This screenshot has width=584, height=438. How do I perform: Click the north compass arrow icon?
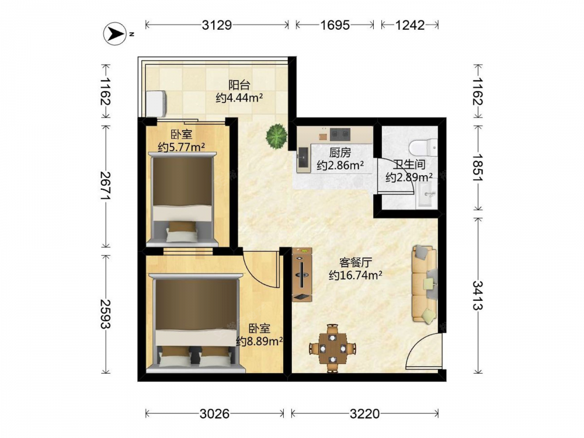[115, 34]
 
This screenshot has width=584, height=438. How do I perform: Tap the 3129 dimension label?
[217, 25]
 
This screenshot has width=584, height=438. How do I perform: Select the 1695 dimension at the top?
[335, 25]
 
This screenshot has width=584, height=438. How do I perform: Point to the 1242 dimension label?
[410, 25]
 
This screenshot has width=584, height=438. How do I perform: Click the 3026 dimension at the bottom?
[214, 413]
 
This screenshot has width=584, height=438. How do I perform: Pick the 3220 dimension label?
[364, 413]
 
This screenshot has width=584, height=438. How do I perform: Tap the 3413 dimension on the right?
[478, 295]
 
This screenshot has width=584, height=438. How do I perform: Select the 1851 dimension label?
[478, 167]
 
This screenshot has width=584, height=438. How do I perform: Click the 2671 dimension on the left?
[105, 185]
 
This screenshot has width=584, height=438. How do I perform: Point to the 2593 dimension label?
[105, 314]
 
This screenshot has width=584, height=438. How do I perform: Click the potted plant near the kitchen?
[277, 135]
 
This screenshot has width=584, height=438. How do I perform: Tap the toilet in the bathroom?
[423, 147]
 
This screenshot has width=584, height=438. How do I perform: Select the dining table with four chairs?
[333, 349]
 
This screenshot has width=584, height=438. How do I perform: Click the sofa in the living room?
[424, 284]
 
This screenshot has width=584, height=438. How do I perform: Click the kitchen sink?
[303, 158]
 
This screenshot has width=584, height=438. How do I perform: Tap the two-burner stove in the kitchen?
[340, 134]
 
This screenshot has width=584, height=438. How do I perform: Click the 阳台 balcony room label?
[239, 85]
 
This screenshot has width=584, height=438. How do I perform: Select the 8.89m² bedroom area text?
[259, 341]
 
